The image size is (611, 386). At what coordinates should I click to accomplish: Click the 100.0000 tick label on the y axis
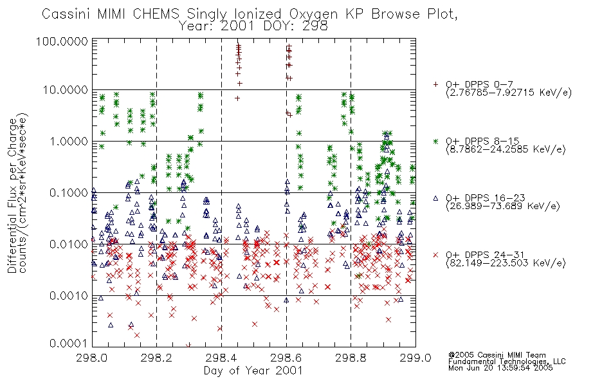[x=62, y=41]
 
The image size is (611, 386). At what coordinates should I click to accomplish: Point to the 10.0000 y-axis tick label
[x=65, y=90]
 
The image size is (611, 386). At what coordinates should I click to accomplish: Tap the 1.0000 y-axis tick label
[x=69, y=141]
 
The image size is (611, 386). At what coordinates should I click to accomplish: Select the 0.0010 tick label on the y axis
[x=69, y=295]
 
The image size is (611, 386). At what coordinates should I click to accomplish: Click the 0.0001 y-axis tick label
[x=69, y=343]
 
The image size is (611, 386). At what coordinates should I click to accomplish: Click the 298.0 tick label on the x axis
[x=91, y=358]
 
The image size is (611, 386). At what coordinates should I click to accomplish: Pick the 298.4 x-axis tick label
[x=221, y=358]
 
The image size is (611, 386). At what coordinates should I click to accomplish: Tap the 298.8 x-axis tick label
[x=351, y=358]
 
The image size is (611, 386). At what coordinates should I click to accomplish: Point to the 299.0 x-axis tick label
[x=415, y=358]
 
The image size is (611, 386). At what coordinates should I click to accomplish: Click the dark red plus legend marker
[x=435, y=84]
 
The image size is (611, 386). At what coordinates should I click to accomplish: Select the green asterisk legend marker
[x=435, y=141]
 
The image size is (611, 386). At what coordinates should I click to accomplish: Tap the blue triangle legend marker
[x=435, y=198]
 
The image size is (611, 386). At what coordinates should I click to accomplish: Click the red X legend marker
[x=435, y=255]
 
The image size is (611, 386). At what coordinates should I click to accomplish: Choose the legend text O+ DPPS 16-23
[x=486, y=198]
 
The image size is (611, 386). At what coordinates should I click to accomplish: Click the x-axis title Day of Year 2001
[x=253, y=371]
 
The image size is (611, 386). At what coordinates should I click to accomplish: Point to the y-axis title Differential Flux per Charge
[x=12, y=196]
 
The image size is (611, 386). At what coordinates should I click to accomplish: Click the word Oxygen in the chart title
[x=313, y=14]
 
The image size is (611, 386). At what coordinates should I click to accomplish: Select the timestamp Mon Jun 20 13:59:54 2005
[x=500, y=368]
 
